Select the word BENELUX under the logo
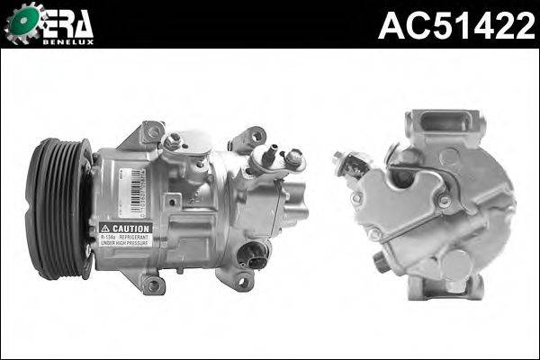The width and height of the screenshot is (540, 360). point(70,40)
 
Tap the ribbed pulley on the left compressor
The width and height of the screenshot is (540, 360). point(56,207)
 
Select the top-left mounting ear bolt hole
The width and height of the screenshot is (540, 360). point(154,131)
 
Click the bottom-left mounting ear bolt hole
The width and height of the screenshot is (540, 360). point(153,285)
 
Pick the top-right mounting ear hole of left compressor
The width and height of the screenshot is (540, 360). point(257,137)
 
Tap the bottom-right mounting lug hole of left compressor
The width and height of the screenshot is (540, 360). point(242,282)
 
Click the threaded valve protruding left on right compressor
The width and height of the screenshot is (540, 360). point(346,163)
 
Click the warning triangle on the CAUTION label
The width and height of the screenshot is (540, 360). point(106,228)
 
